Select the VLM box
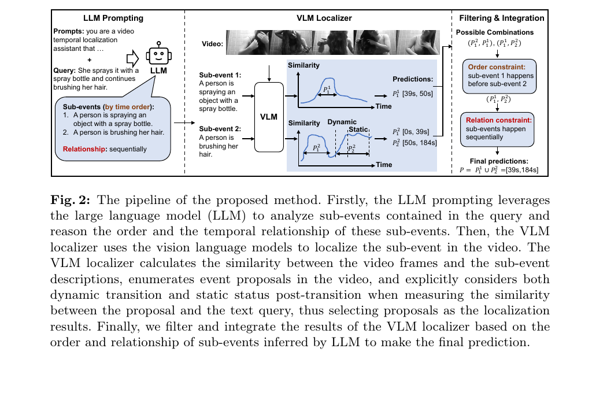[x=269, y=117]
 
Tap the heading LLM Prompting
[x=113, y=18]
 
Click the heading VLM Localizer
[x=324, y=18]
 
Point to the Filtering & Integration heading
[x=502, y=18]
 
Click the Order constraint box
[x=499, y=76]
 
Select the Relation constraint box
[x=497, y=129]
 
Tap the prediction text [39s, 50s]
[x=417, y=94]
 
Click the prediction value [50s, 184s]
[x=420, y=143]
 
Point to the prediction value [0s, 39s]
[x=416, y=132]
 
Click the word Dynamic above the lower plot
[x=342, y=122]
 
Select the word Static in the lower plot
[x=358, y=129]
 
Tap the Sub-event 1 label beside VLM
[x=220, y=75]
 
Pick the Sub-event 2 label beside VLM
[x=220, y=129]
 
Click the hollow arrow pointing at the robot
[x=133, y=58]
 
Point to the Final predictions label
[x=499, y=161]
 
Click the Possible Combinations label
[x=495, y=32]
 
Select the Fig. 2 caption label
[x=70, y=200]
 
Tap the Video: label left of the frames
[x=213, y=44]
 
